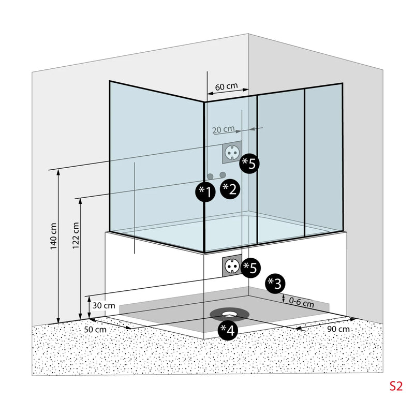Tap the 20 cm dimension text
[x=223, y=129]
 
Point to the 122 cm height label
[x=76, y=236]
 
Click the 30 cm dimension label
[x=103, y=305]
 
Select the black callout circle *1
[x=205, y=192]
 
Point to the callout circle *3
[x=275, y=283]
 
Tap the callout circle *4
[x=228, y=330]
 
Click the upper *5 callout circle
[x=249, y=164]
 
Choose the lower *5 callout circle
[x=250, y=268]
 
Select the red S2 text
[x=396, y=386]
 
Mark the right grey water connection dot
[x=223, y=175]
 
